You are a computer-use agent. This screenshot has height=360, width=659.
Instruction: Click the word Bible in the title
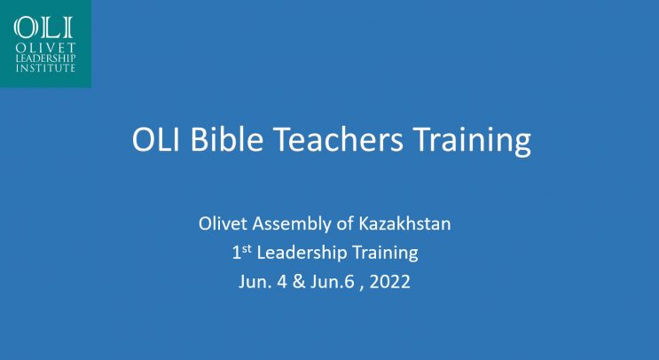click(227, 139)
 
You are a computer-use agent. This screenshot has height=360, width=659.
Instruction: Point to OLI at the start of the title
click(156, 139)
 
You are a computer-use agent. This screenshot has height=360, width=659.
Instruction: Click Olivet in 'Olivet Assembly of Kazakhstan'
click(223, 223)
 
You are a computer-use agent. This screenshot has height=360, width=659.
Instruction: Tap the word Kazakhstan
click(404, 223)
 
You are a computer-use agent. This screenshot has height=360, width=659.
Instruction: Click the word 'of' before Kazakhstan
click(346, 223)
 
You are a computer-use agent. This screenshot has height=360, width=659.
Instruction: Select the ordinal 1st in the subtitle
click(241, 252)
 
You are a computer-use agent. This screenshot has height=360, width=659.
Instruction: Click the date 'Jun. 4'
click(263, 281)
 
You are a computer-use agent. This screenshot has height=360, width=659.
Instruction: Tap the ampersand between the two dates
click(299, 281)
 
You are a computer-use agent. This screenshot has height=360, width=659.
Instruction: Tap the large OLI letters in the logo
click(43, 27)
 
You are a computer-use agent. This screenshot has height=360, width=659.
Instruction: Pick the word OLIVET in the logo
click(45, 48)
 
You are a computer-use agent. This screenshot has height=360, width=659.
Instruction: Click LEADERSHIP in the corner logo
click(45, 59)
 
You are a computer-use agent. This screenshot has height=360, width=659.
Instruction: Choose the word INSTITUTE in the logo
click(45, 67)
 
